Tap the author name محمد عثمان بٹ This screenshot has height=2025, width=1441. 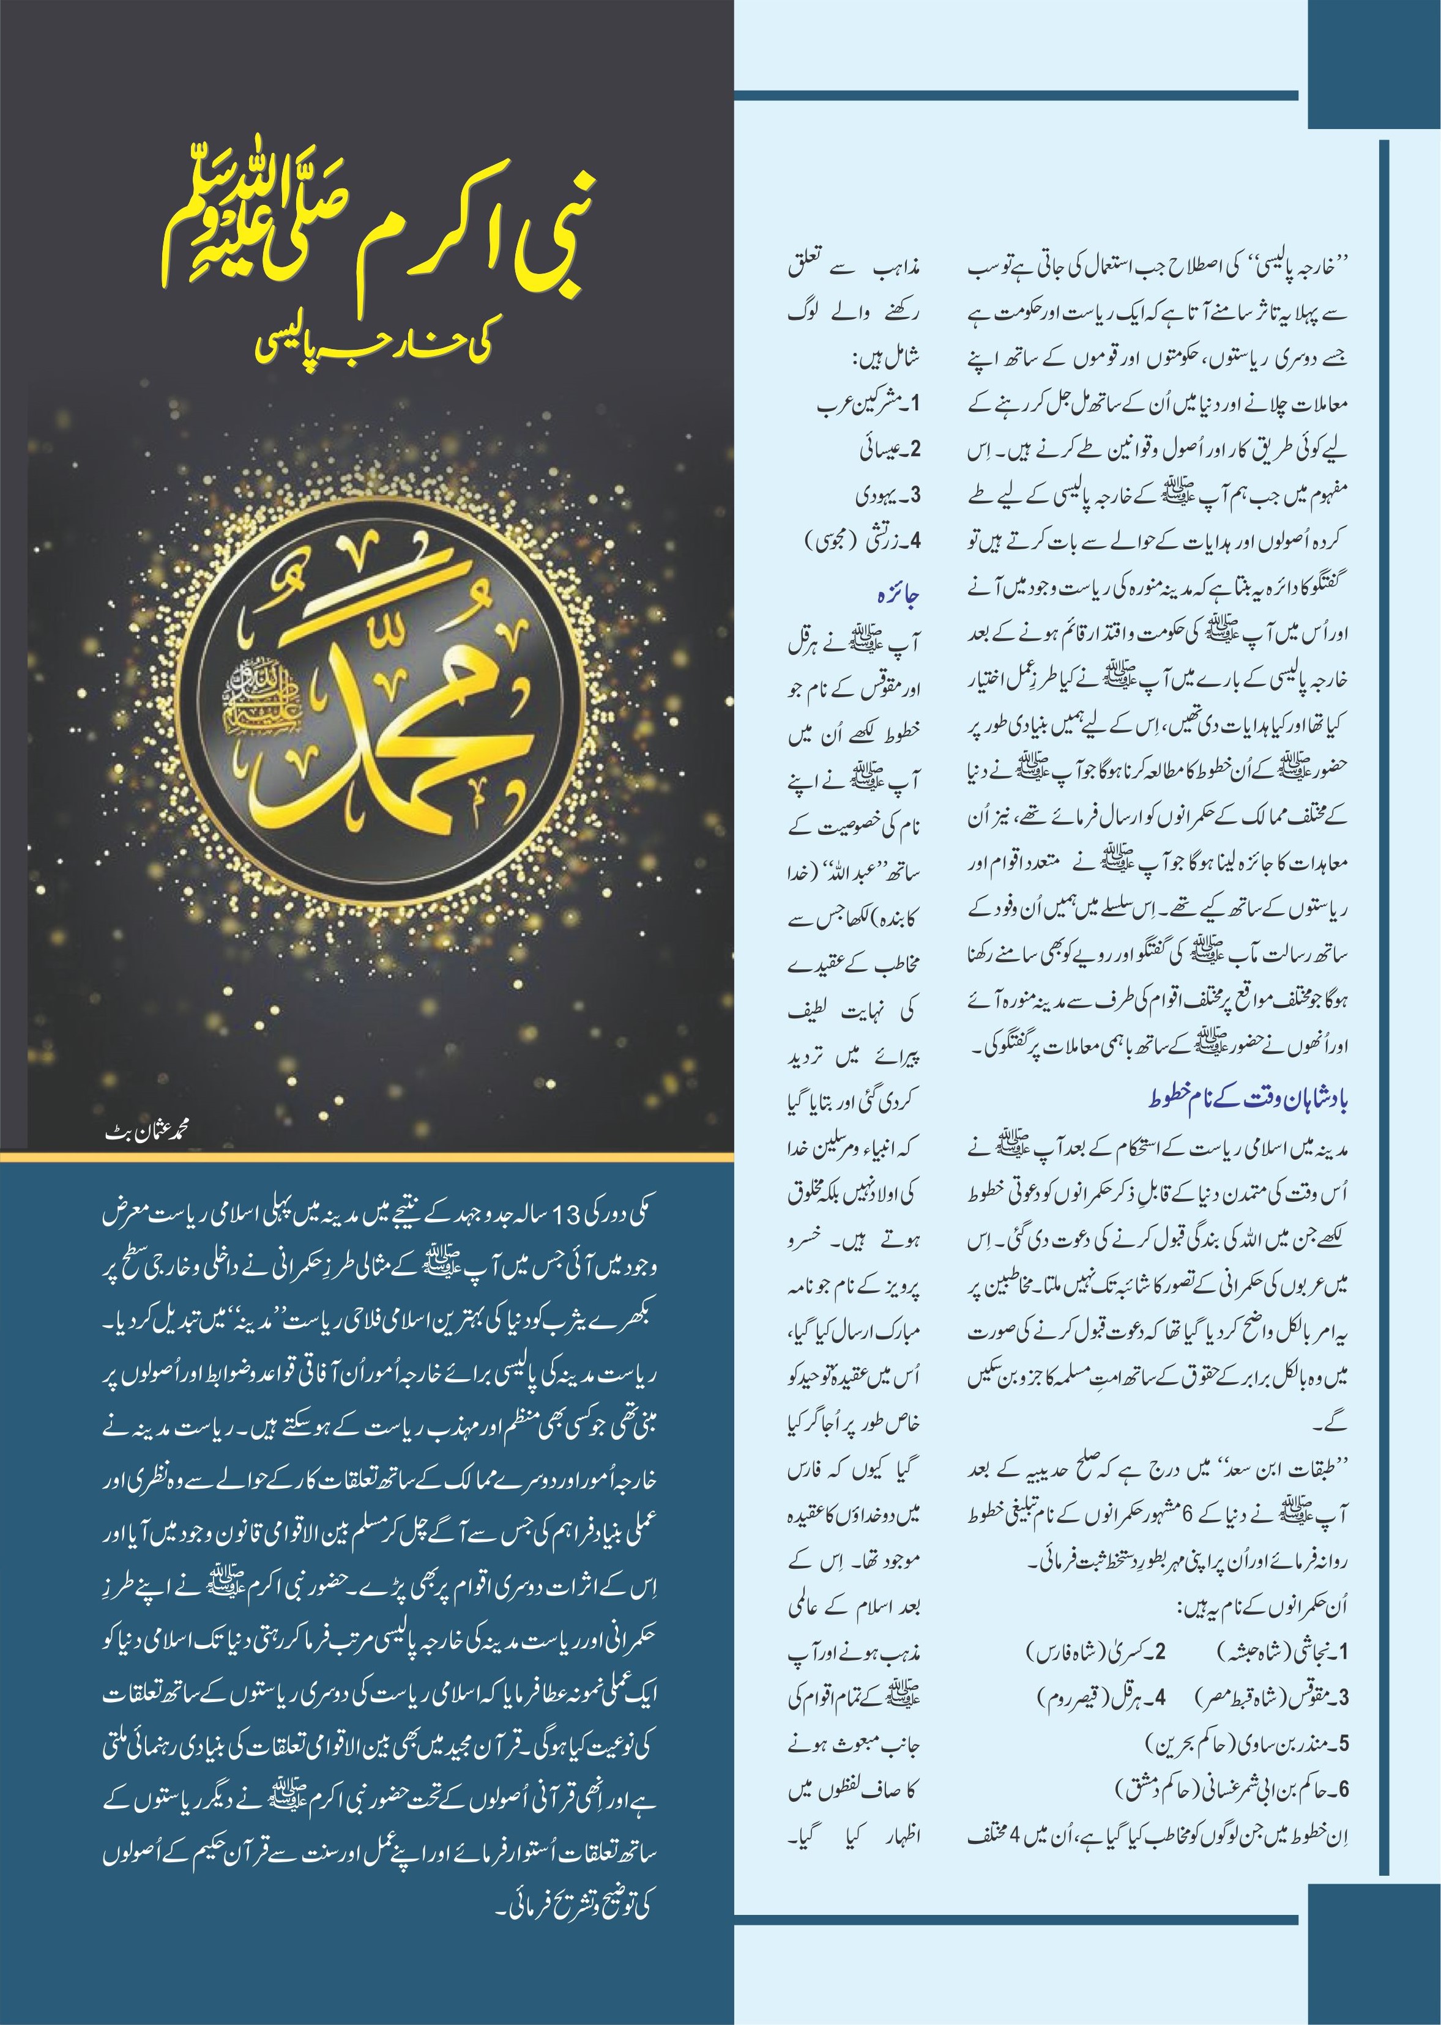coord(146,1133)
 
